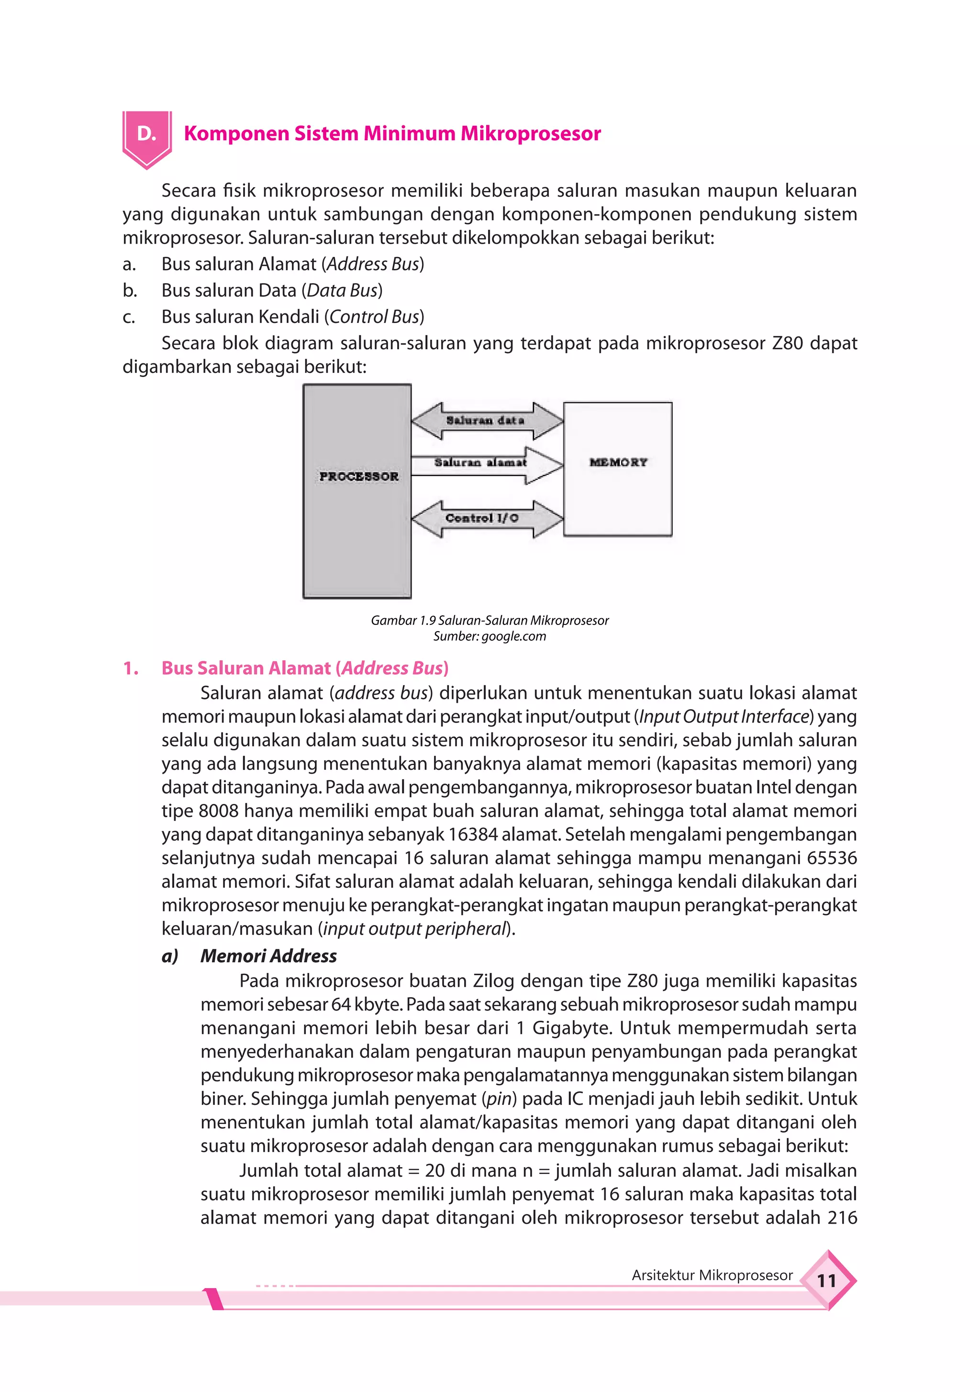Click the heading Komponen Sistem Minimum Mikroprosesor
[392, 134]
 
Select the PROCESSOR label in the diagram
[359, 477]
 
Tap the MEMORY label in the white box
[618, 462]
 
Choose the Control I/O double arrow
[485, 518]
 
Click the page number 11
[826, 1281]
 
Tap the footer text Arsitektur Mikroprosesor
[712, 1275]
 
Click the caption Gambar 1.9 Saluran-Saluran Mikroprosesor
[490, 620]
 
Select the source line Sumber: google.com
[490, 636]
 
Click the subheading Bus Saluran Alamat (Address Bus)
[304, 668]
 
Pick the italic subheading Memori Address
[268, 956]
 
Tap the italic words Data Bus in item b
[342, 290]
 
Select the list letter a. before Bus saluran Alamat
[129, 264]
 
